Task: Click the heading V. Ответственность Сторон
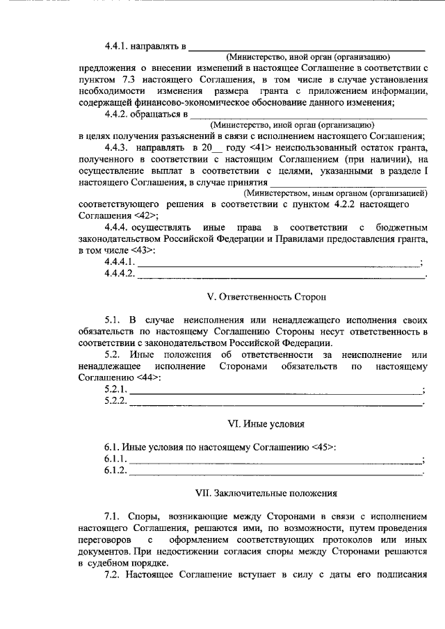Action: (257, 297)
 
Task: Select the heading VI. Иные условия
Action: (257, 423)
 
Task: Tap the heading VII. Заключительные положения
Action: (257, 493)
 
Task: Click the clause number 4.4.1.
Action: (119, 47)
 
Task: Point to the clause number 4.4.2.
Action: (119, 113)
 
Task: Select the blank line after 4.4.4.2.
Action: (281, 277)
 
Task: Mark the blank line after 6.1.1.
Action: (275, 461)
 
